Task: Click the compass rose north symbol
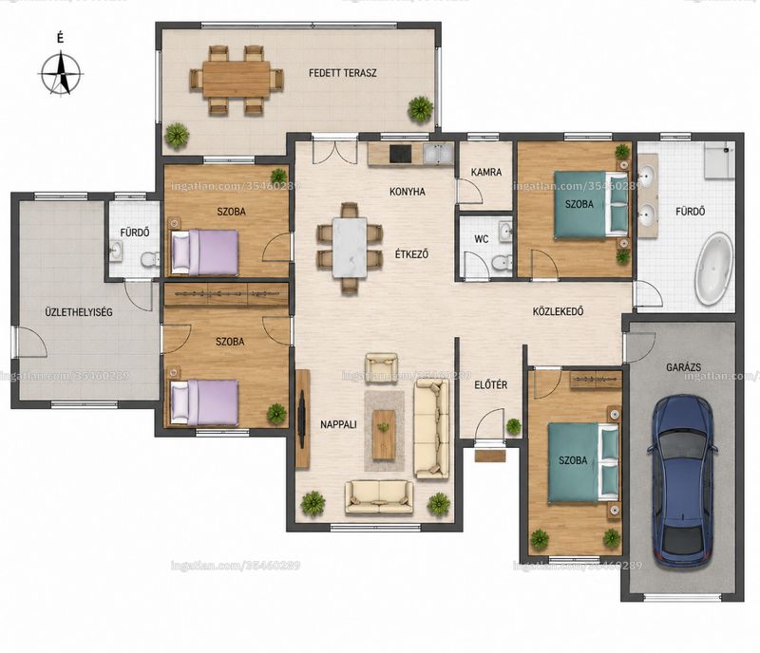(x=61, y=75)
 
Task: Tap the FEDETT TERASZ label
(x=343, y=73)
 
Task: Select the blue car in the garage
(x=682, y=481)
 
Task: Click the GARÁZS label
(x=683, y=367)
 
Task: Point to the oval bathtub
(x=714, y=269)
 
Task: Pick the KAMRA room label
(x=486, y=172)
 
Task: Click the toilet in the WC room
(x=502, y=262)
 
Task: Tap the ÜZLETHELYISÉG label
(x=79, y=312)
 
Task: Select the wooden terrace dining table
(x=236, y=79)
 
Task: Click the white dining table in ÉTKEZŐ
(x=350, y=248)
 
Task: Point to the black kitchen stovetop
(x=400, y=154)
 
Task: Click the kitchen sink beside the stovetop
(x=438, y=154)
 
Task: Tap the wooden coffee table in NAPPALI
(x=384, y=435)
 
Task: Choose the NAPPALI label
(x=338, y=424)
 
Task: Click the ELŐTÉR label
(x=490, y=384)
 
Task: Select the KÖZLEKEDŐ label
(x=558, y=311)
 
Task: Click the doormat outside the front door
(x=490, y=456)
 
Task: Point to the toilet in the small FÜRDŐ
(x=150, y=260)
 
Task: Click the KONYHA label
(x=408, y=192)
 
